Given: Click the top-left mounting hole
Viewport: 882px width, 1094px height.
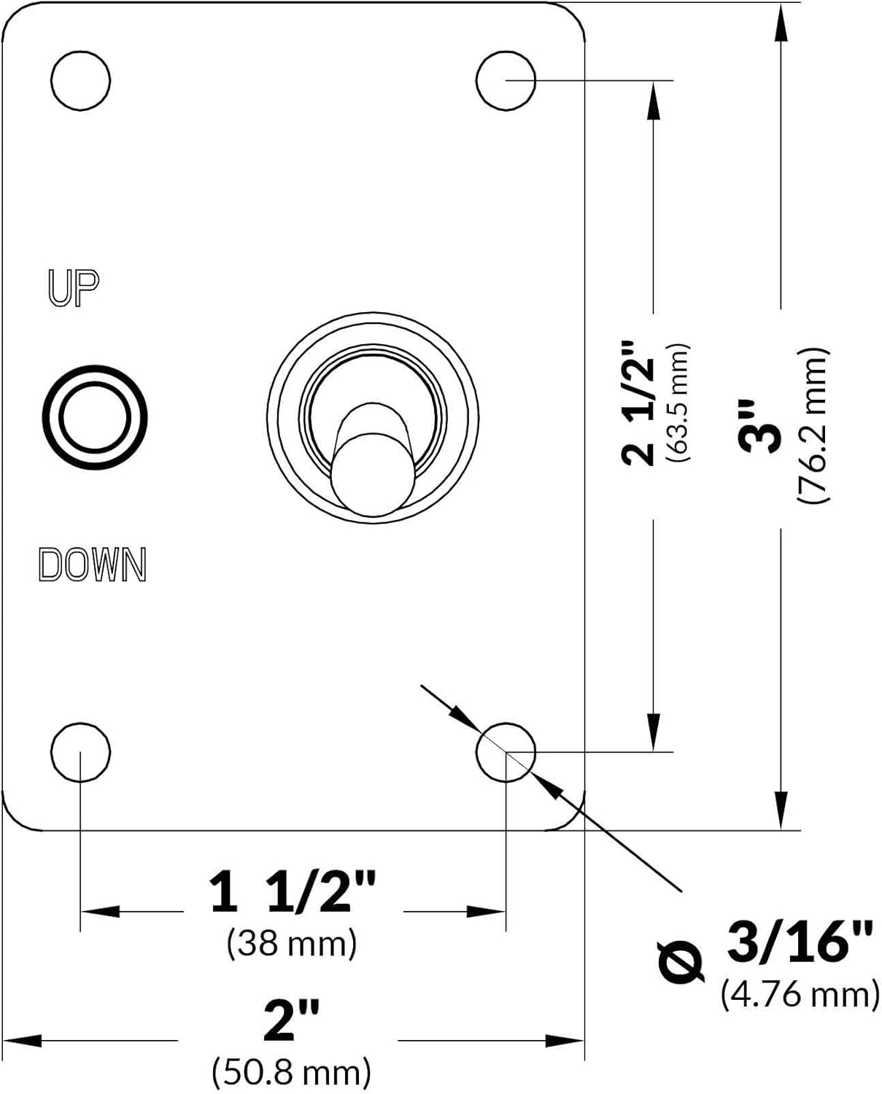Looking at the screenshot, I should coord(81,80).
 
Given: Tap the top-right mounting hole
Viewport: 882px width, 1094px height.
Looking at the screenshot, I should coord(506,80).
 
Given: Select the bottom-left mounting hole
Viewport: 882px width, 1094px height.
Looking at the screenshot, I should coord(81,752).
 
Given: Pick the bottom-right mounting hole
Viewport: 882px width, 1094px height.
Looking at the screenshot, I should coord(506,752).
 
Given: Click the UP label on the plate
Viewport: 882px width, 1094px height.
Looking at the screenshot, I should coord(74,287).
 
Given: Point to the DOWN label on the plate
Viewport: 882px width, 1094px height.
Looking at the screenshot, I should coord(93,565).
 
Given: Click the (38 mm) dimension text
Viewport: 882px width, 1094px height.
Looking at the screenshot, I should coord(292,943).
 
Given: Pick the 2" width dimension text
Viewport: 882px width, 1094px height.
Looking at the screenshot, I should coord(291,1020).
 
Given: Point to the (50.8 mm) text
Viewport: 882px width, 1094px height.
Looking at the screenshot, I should coord(292,1072).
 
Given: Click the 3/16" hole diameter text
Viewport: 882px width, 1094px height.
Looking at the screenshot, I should coord(800,941).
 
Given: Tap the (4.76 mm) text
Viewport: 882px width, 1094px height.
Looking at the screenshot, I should coord(800,994).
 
